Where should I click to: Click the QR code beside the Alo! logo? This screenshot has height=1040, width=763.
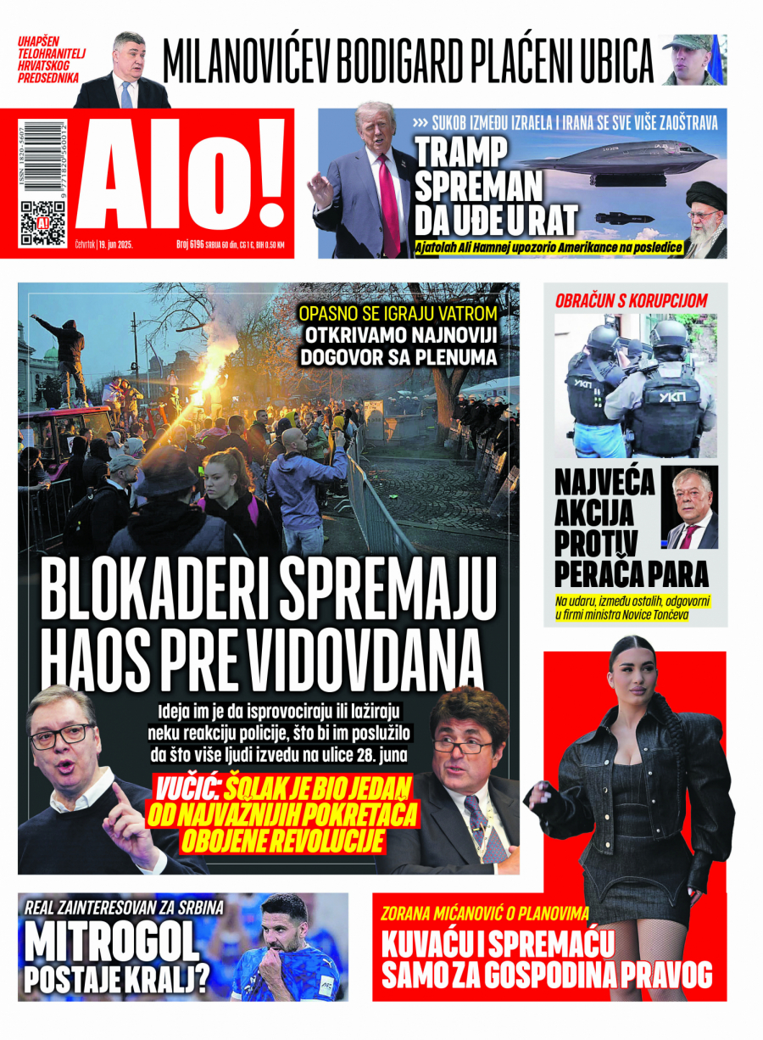click(x=43, y=223)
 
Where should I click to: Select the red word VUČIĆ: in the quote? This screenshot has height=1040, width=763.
click(x=187, y=790)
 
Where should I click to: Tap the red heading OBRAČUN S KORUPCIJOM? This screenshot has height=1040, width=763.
click(x=631, y=300)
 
